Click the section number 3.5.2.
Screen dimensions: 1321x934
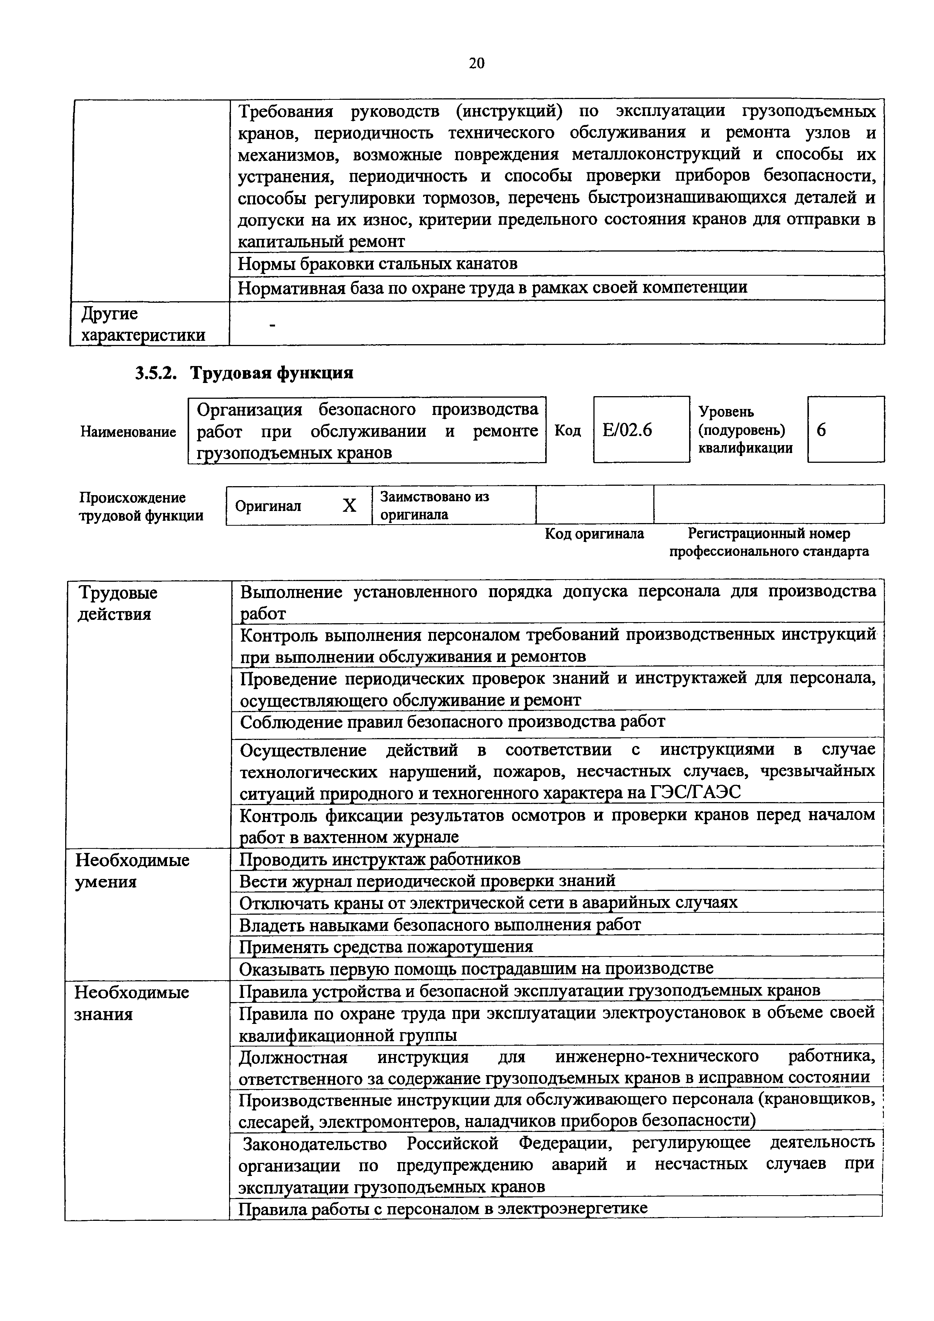pyautogui.click(x=154, y=374)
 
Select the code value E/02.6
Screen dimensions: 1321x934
pyautogui.click(x=627, y=430)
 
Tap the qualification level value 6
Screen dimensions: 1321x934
pyautogui.click(x=822, y=430)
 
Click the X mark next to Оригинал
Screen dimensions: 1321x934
pyautogui.click(x=349, y=506)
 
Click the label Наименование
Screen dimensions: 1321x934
pyautogui.click(x=128, y=432)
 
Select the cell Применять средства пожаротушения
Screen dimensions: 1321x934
pyautogui.click(x=385, y=946)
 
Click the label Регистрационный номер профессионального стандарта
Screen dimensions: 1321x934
pyautogui.click(x=768, y=543)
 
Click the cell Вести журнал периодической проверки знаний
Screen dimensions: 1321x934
pyautogui.click(x=427, y=881)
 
